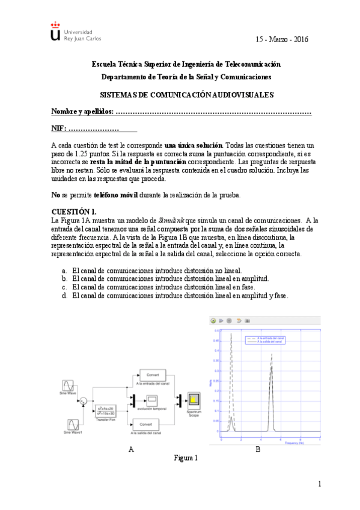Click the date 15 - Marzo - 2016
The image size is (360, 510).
click(282, 39)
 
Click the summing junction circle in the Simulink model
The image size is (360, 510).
click(85, 399)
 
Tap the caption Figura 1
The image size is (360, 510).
click(186, 458)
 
